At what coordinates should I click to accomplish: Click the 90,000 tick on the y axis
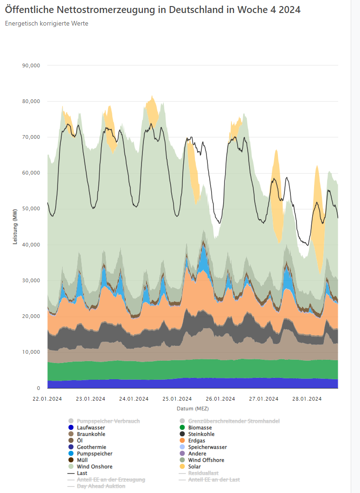pyautogui.click(x=31, y=65)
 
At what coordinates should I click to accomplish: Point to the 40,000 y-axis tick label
pyautogui.click(x=31, y=245)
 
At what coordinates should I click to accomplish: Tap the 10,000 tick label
pyautogui.click(x=31, y=352)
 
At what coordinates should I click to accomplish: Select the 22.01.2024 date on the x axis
pyautogui.click(x=48, y=398)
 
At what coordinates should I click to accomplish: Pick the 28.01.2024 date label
pyautogui.click(x=306, y=398)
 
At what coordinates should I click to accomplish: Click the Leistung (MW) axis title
pyautogui.click(x=15, y=227)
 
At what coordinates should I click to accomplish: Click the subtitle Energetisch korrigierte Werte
pyautogui.click(x=46, y=23)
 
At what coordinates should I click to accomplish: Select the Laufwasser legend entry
pyautogui.click(x=90, y=428)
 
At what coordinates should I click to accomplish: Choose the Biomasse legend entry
pyautogui.click(x=200, y=428)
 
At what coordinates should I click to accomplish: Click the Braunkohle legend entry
pyautogui.click(x=91, y=434)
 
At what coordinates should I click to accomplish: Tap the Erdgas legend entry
pyautogui.click(x=198, y=441)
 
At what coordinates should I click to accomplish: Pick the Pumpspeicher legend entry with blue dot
pyautogui.click(x=94, y=454)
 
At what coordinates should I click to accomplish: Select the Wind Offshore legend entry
pyautogui.click(x=206, y=460)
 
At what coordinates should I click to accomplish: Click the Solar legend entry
pyautogui.click(x=194, y=467)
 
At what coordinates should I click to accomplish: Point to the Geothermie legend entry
pyautogui.click(x=91, y=447)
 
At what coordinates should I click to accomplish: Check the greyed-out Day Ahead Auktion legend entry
pyautogui.click(x=101, y=486)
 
